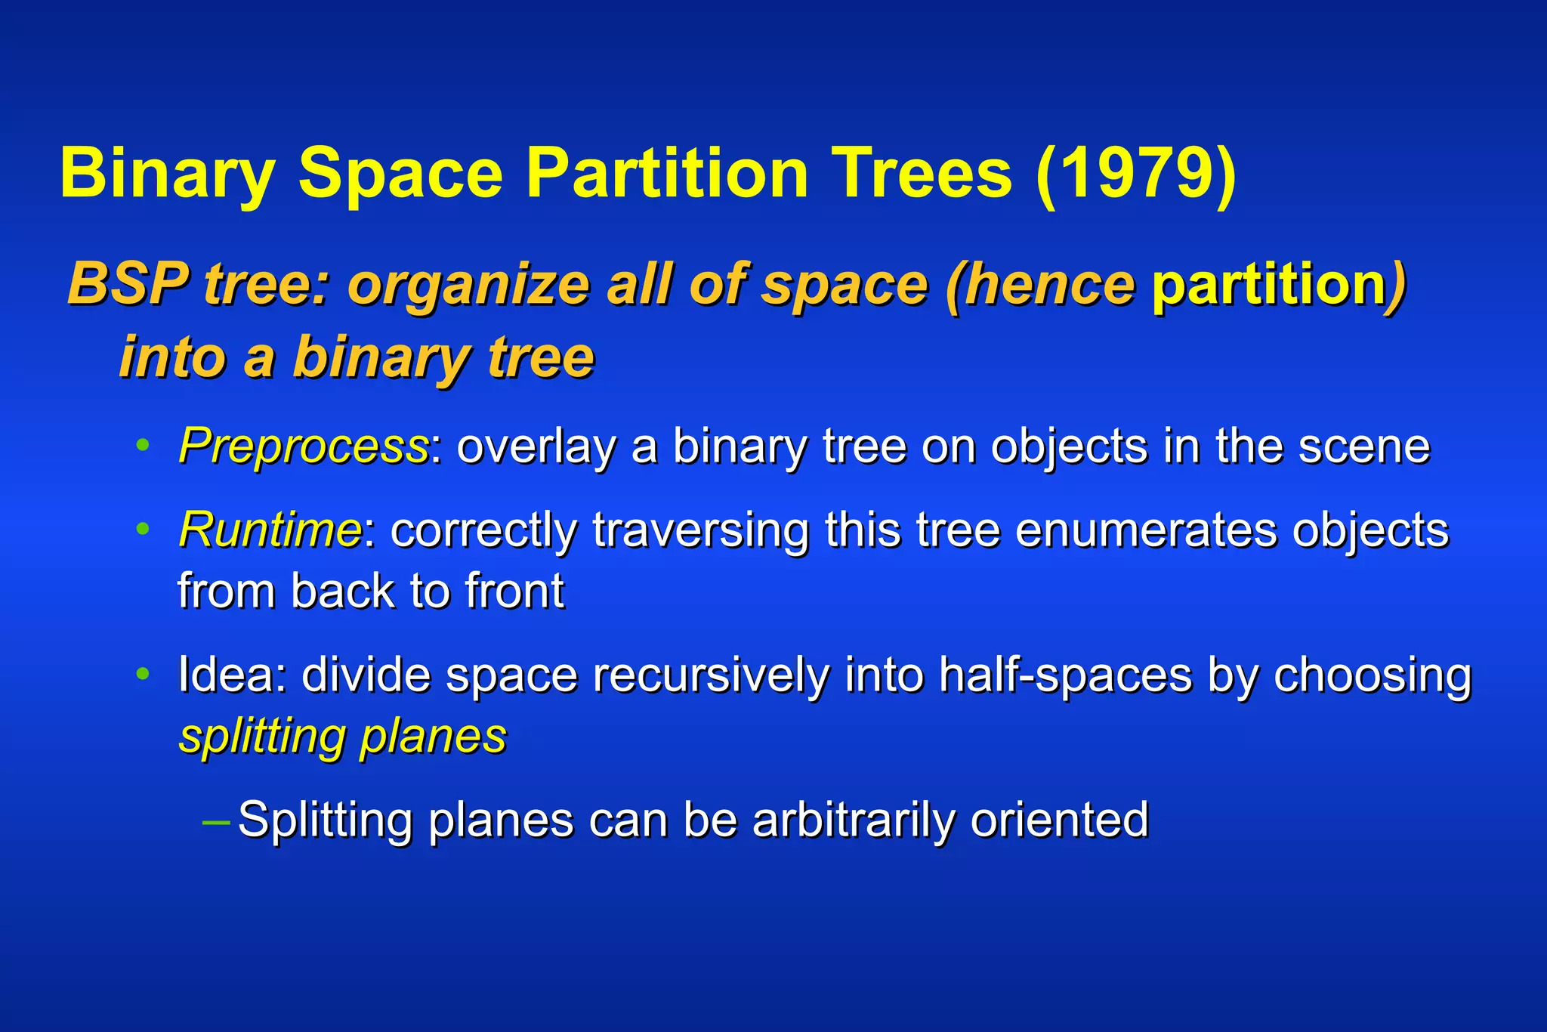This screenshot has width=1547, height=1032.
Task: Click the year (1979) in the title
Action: tap(1136, 174)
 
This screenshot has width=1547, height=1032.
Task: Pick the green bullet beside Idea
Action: tap(142, 672)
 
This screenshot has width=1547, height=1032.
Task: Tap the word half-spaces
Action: tap(1065, 674)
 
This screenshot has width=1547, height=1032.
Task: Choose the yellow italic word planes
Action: tap(434, 736)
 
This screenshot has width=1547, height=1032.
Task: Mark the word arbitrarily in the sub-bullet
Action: tap(854, 820)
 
